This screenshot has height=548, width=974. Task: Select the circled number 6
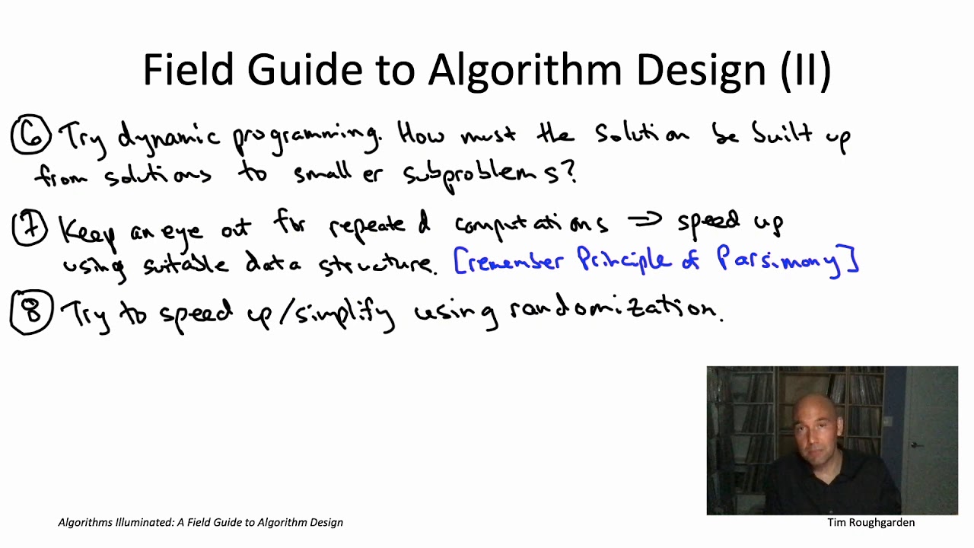click(30, 135)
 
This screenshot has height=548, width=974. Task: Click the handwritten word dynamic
click(168, 138)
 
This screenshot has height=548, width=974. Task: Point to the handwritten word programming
click(304, 138)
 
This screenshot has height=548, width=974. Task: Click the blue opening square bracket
click(458, 261)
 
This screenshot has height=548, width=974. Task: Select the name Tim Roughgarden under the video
click(871, 523)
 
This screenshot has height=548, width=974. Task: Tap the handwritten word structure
click(377, 265)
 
